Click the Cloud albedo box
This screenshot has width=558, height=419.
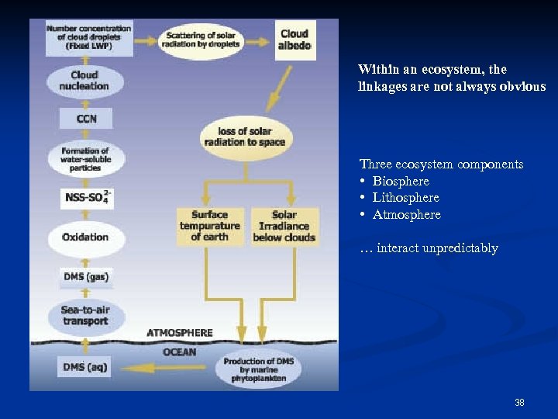point(294,40)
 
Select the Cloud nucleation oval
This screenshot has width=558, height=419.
point(84,81)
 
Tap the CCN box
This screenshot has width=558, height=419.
point(86,119)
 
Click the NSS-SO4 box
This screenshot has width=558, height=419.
point(86,198)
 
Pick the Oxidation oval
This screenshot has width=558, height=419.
point(85,237)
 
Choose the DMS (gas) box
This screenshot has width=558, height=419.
point(85,276)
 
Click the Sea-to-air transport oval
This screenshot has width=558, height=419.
point(85,316)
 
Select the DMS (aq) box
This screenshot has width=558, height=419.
point(85,366)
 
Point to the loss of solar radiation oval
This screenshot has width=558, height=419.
point(244,137)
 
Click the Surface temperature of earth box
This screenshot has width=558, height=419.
point(209,226)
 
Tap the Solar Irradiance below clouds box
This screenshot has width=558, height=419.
point(284,226)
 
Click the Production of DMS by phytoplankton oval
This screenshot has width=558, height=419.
point(257,369)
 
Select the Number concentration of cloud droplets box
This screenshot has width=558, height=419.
point(88,37)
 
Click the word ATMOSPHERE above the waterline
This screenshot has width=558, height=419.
point(179,333)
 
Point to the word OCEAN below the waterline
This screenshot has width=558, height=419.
point(179,352)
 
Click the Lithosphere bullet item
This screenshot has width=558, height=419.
point(405,198)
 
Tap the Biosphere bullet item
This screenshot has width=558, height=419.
point(401,182)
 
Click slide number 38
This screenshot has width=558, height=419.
point(519,402)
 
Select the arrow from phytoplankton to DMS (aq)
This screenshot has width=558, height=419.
point(164,367)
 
